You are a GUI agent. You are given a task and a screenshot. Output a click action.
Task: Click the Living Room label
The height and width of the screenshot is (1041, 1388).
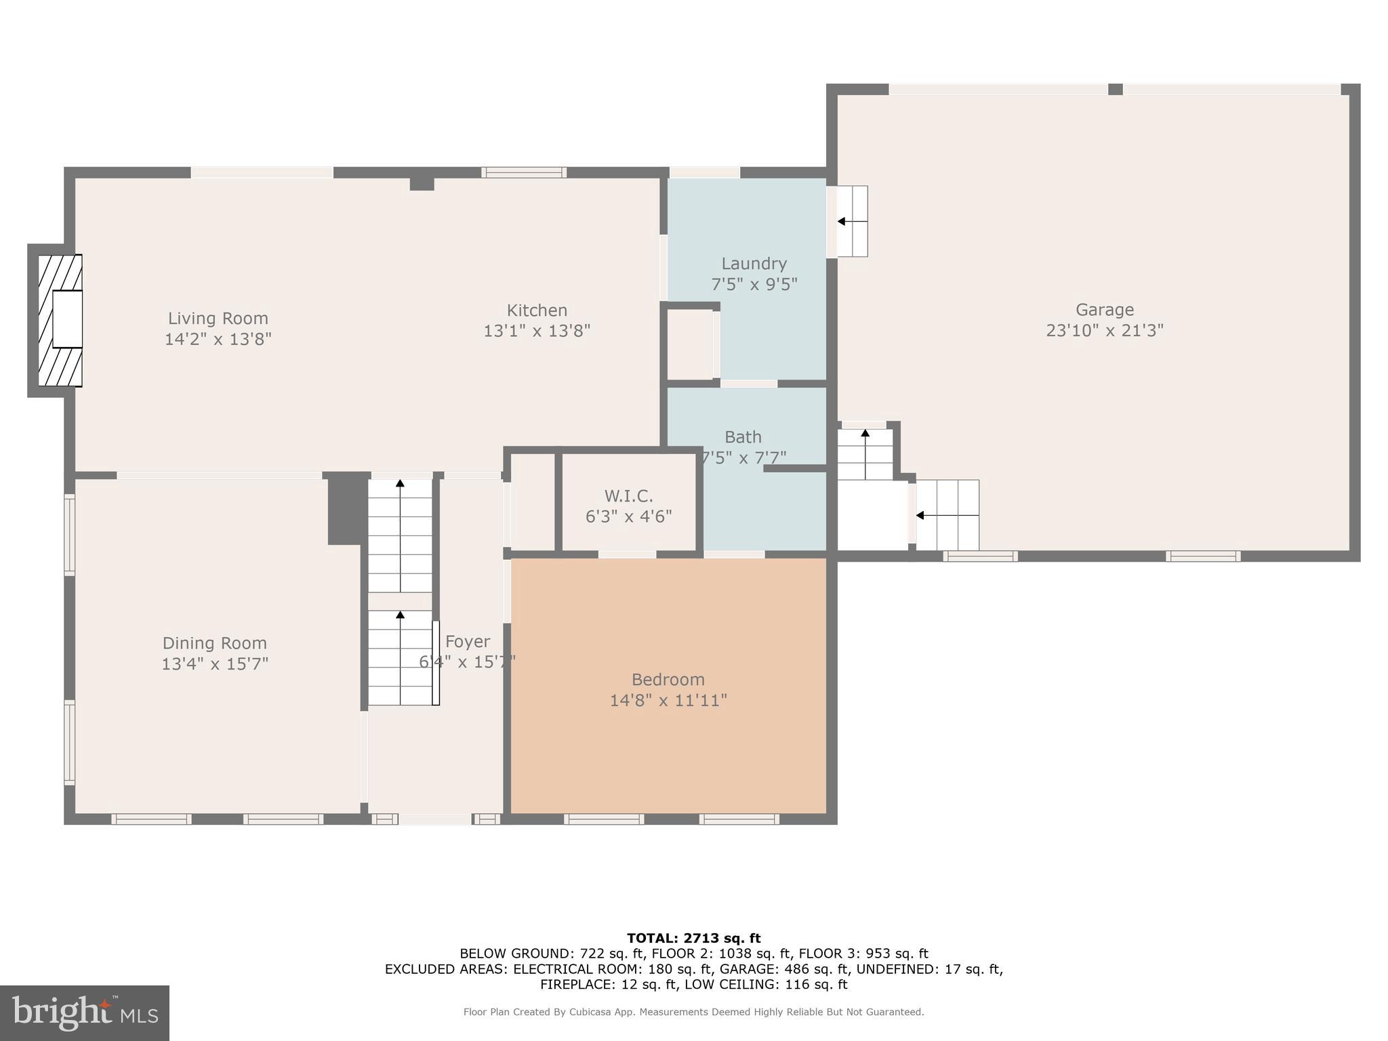pyautogui.click(x=218, y=318)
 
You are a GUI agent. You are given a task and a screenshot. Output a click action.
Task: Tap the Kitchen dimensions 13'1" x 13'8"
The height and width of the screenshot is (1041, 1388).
pyautogui.click(x=537, y=331)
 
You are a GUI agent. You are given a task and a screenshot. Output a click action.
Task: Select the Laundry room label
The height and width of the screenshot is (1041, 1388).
pyautogui.click(x=754, y=264)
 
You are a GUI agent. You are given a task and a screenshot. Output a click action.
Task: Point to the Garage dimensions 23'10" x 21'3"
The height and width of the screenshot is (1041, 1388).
pyautogui.click(x=1105, y=330)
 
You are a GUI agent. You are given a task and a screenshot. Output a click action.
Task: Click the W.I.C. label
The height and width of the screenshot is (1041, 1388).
pyautogui.click(x=628, y=496)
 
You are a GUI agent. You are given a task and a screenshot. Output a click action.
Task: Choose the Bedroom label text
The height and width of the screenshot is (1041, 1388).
pyautogui.click(x=668, y=679)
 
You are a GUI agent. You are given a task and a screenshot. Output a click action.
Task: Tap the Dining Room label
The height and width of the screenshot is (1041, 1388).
pyautogui.click(x=214, y=642)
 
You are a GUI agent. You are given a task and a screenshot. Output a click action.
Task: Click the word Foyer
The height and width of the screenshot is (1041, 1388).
pyautogui.click(x=468, y=641)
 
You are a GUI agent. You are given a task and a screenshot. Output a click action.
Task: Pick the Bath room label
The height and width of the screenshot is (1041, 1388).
pyautogui.click(x=743, y=437)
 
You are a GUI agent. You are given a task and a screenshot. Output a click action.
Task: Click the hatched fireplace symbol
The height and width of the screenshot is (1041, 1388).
pyautogui.click(x=60, y=320)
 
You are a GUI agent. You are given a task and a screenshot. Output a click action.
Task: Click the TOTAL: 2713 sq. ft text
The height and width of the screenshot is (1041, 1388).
pyautogui.click(x=693, y=938)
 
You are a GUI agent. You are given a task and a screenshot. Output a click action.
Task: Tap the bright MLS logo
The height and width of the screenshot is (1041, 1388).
pyautogui.click(x=85, y=1013)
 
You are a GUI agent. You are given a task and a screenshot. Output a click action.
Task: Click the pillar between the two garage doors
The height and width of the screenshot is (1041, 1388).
pyautogui.click(x=1115, y=89)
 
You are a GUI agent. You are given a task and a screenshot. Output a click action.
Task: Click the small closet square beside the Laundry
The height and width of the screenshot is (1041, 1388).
pyautogui.click(x=690, y=344)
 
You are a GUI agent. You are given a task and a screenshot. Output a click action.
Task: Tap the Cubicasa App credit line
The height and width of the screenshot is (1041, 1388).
pyautogui.click(x=693, y=1012)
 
